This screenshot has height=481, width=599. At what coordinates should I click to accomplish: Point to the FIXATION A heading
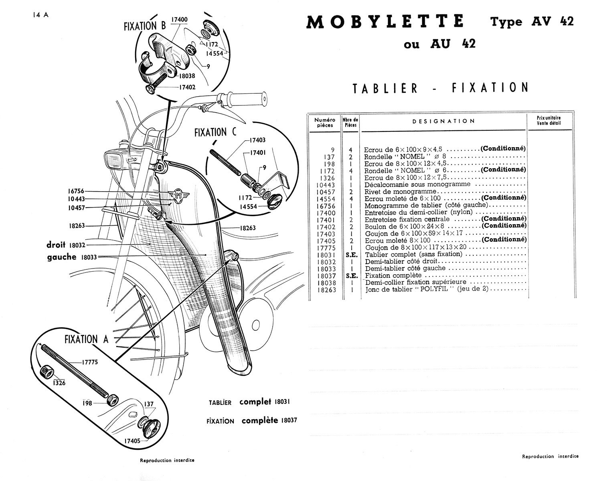86,340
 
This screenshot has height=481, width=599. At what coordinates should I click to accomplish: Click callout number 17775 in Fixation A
90,362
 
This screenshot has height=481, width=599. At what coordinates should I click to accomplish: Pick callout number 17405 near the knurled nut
133,441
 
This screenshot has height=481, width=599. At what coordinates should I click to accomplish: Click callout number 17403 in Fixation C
257,140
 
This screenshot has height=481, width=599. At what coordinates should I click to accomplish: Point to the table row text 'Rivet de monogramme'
395,192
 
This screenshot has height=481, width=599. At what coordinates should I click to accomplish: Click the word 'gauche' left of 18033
62,257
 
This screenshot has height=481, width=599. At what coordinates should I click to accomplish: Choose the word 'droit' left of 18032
56,245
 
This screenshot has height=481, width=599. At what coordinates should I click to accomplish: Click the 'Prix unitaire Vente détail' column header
549,120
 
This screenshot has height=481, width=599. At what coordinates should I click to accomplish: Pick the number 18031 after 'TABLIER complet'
285,402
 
